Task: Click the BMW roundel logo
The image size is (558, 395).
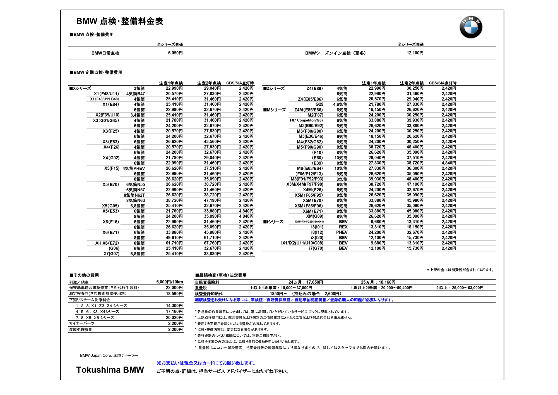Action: pos(471,27)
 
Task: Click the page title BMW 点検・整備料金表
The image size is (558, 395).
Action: pos(120,21)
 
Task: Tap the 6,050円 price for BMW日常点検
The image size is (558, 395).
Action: pos(175,53)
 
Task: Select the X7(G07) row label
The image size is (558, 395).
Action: pos(111,254)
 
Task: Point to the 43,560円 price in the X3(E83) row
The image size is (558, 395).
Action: pos(212,142)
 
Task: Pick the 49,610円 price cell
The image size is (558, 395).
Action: pos(174,238)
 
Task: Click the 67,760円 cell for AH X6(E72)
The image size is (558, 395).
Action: pos(212,243)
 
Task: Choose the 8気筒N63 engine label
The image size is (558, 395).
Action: pos(136,200)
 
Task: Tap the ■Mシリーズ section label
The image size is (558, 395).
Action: pos(275,110)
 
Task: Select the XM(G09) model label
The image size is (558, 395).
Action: pos(315,216)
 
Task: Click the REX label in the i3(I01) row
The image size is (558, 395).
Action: pos(343,227)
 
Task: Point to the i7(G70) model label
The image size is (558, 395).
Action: pos(316,248)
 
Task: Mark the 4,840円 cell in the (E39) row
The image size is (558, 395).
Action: pos(449,163)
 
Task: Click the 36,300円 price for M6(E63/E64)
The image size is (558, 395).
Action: pos(415,168)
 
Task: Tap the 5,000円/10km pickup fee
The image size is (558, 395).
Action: pos(169,282)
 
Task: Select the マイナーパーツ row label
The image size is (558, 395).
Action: pos(82,323)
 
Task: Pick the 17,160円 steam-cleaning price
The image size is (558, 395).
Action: pos(174,311)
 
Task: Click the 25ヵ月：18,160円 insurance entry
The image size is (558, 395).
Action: pos(378,282)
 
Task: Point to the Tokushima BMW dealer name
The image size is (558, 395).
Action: pos(110,370)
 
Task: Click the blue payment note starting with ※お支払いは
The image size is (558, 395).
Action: pos(206,363)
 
